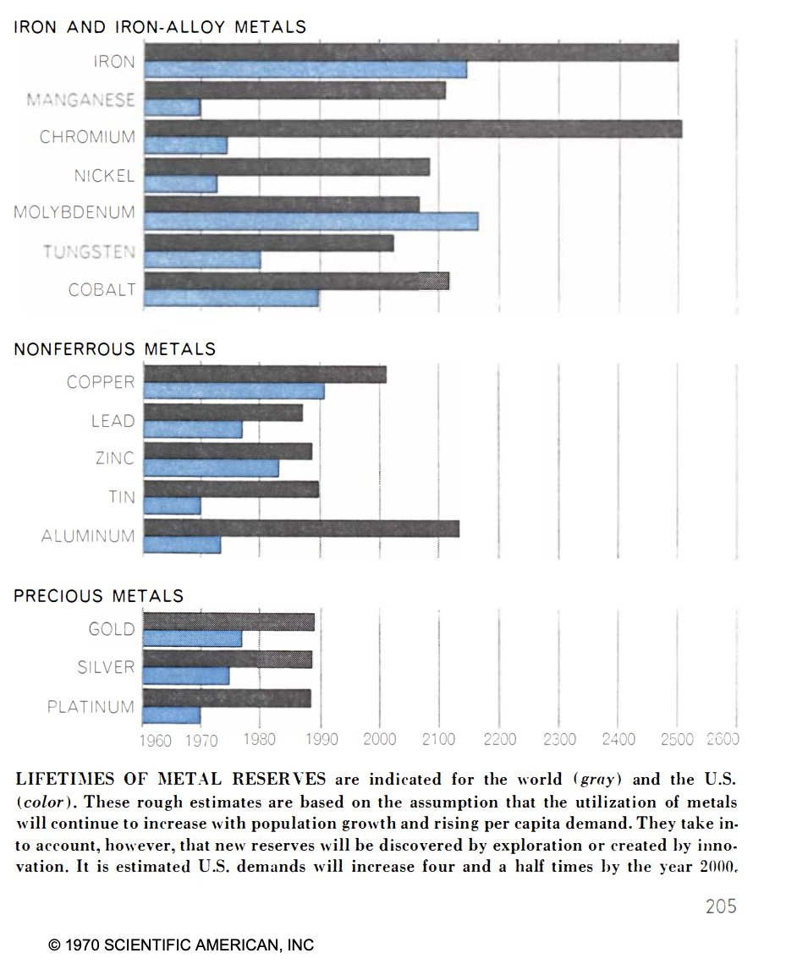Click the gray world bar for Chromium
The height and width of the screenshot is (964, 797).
pyautogui.click(x=413, y=129)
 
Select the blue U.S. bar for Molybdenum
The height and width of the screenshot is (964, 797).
pyautogui.click(x=311, y=222)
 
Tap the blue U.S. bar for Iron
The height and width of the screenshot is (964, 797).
pyautogui.click(x=305, y=69)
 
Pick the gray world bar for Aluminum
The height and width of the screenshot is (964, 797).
pyautogui.click(x=301, y=529)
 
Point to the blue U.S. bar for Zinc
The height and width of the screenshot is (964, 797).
pyautogui.click(x=211, y=468)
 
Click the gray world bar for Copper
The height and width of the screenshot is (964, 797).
pyautogui.click(x=265, y=375)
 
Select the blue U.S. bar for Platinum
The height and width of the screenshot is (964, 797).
pyautogui.click(x=172, y=715)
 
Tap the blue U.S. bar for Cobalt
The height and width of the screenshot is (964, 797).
pyautogui.click(x=231, y=298)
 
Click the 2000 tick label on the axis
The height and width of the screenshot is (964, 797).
pyautogui.click(x=379, y=740)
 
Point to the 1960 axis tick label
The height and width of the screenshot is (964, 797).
pyautogui.click(x=155, y=742)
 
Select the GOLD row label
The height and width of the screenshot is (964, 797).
pyautogui.click(x=112, y=629)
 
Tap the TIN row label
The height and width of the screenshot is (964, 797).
pyautogui.click(x=122, y=497)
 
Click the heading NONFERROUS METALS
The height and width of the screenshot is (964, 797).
pyautogui.click(x=115, y=348)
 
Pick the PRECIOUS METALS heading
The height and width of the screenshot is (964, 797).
pyautogui.click(x=99, y=596)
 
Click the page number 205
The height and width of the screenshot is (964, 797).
pyautogui.click(x=721, y=906)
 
